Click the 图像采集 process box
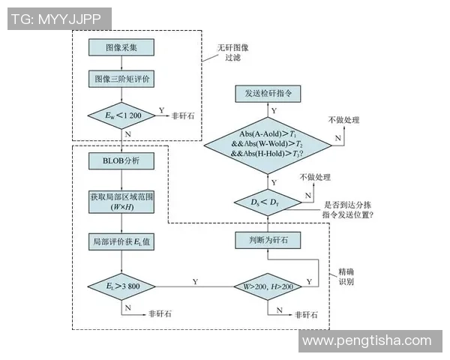click(121, 47)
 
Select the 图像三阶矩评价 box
click(121, 79)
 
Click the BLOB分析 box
click(121, 160)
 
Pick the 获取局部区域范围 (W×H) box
click(121, 201)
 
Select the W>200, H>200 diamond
click(268, 285)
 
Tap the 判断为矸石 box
click(268, 241)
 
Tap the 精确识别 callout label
click(346, 277)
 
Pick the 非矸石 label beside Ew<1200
click(184, 115)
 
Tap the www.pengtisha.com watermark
click(370, 341)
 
